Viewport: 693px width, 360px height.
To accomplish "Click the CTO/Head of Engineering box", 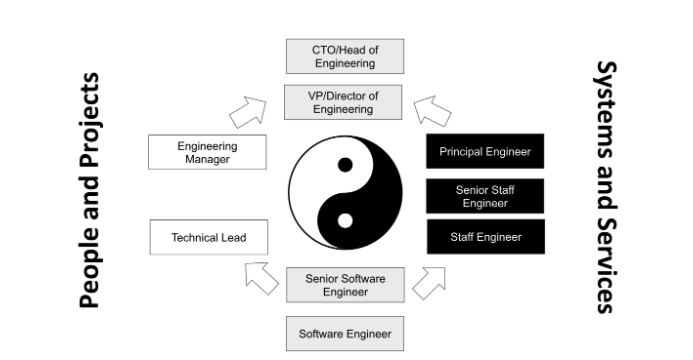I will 345,55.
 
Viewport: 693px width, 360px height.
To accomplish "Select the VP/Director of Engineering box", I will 345,103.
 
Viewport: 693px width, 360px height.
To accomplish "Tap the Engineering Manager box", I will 207,153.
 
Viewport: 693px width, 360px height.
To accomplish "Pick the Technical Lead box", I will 208,238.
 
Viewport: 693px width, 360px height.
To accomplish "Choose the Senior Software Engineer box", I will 345,284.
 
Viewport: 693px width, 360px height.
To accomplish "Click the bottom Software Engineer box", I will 345,333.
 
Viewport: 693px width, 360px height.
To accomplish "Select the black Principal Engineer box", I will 485,152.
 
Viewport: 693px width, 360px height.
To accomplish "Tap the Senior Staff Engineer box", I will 485,195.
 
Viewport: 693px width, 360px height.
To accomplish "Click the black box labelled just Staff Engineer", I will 485,237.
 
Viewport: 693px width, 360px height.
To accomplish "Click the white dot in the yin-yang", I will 346,219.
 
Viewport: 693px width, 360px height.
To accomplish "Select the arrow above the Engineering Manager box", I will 247,112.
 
